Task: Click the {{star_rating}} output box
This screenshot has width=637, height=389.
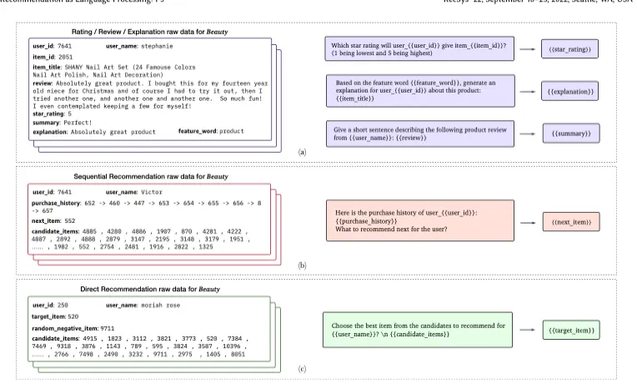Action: pos(569,50)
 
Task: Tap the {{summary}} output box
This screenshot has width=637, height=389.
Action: pos(569,132)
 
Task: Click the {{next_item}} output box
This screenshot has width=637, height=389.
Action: pos(569,222)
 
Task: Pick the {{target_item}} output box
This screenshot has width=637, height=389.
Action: pos(570,331)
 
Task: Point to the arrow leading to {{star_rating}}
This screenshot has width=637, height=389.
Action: pos(527,50)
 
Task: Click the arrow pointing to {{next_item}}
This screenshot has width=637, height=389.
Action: pos(527,222)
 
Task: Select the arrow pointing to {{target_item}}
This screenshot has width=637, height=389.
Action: pos(527,331)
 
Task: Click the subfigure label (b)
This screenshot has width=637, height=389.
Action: pos(303,265)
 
